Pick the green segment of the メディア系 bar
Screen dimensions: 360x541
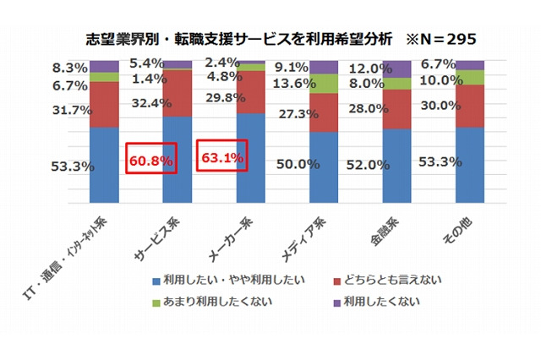point(324,83)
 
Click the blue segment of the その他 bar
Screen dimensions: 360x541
point(471,165)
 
